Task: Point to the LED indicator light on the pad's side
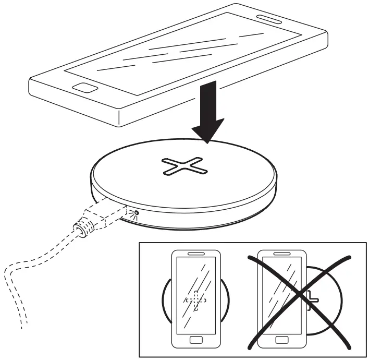point(137,213)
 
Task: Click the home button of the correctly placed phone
point(196,340)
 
